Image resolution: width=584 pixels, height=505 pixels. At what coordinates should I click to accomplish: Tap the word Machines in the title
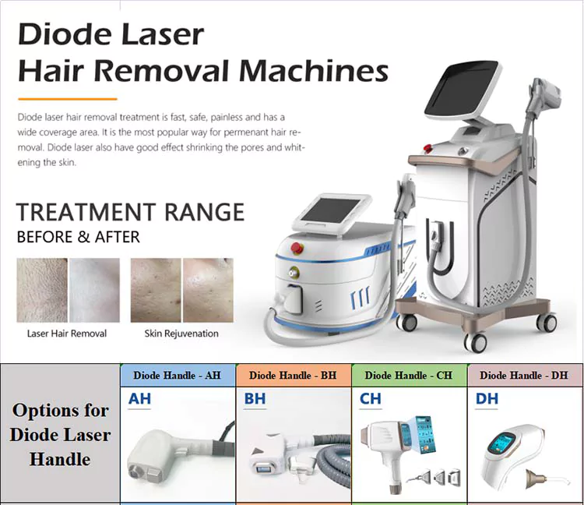tap(313, 72)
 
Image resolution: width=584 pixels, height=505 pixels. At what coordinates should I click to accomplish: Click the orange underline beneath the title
tap(67, 99)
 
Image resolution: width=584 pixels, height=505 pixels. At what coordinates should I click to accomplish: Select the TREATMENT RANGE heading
tap(130, 211)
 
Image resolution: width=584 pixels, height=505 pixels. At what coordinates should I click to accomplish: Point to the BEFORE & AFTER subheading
tap(78, 236)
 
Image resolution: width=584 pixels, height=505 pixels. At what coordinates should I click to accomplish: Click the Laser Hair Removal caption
tap(67, 334)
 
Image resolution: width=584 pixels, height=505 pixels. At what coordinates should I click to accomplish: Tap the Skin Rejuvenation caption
tap(181, 334)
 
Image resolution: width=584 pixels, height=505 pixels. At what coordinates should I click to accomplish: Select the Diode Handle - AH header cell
tap(177, 376)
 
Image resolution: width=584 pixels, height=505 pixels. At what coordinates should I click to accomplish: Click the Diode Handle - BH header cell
tap(293, 376)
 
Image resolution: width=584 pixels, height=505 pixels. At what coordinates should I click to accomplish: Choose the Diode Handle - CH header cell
tap(408, 376)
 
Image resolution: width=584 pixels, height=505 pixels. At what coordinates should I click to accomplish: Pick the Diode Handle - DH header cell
tap(523, 376)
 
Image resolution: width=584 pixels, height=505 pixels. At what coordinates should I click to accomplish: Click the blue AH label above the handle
tap(140, 399)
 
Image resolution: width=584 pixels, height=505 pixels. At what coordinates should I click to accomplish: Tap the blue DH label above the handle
tap(487, 399)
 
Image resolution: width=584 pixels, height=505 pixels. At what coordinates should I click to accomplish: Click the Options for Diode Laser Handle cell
tap(60, 434)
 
